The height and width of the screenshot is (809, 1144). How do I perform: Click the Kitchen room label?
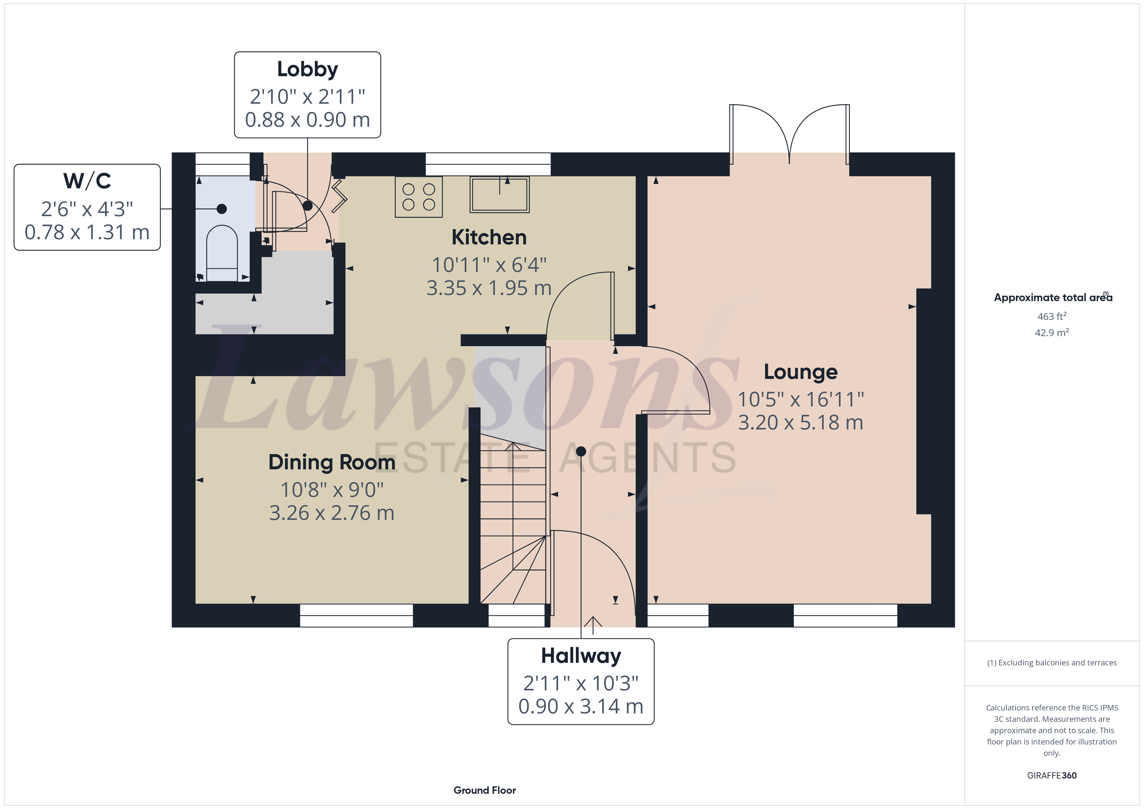pyautogui.click(x=489, y=237)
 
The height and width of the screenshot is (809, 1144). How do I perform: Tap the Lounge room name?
pyautogui.click(x=800, y=372)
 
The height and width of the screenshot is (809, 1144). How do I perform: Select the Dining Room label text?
pyautogui.click(x=332, y=462)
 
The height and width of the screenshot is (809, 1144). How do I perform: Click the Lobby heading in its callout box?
pyautogui.click(x=307, y=69)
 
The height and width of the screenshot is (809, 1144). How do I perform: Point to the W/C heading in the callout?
pyautogui.click(x=87, y=181)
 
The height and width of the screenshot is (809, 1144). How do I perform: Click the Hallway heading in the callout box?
pyautogui.click(x=581, y=656)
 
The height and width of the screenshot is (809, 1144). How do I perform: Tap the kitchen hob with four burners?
pyautogui.click(x=419, y=197)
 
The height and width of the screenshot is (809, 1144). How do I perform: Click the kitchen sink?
pyautogui.click(x=500, y=194)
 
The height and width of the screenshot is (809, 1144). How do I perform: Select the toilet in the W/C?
pyautogui.click(x=222, y=253)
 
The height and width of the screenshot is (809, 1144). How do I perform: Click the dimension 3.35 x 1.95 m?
pyautogui.click(x=489, y=288)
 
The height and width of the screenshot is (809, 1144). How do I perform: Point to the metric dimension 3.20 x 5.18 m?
pyautogui.click(x=800, y=422)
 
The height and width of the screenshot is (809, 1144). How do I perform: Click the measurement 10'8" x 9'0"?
pyautogui.click(x=332, y=490)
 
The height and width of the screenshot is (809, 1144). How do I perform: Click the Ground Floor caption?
pyautogui.click(x=485, y=790)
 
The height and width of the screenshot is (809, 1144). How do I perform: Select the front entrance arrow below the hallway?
pyautogui.click(x=593, y=625)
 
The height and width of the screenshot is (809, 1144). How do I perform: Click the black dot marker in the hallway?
pyautogui.click(x=581, y=451)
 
